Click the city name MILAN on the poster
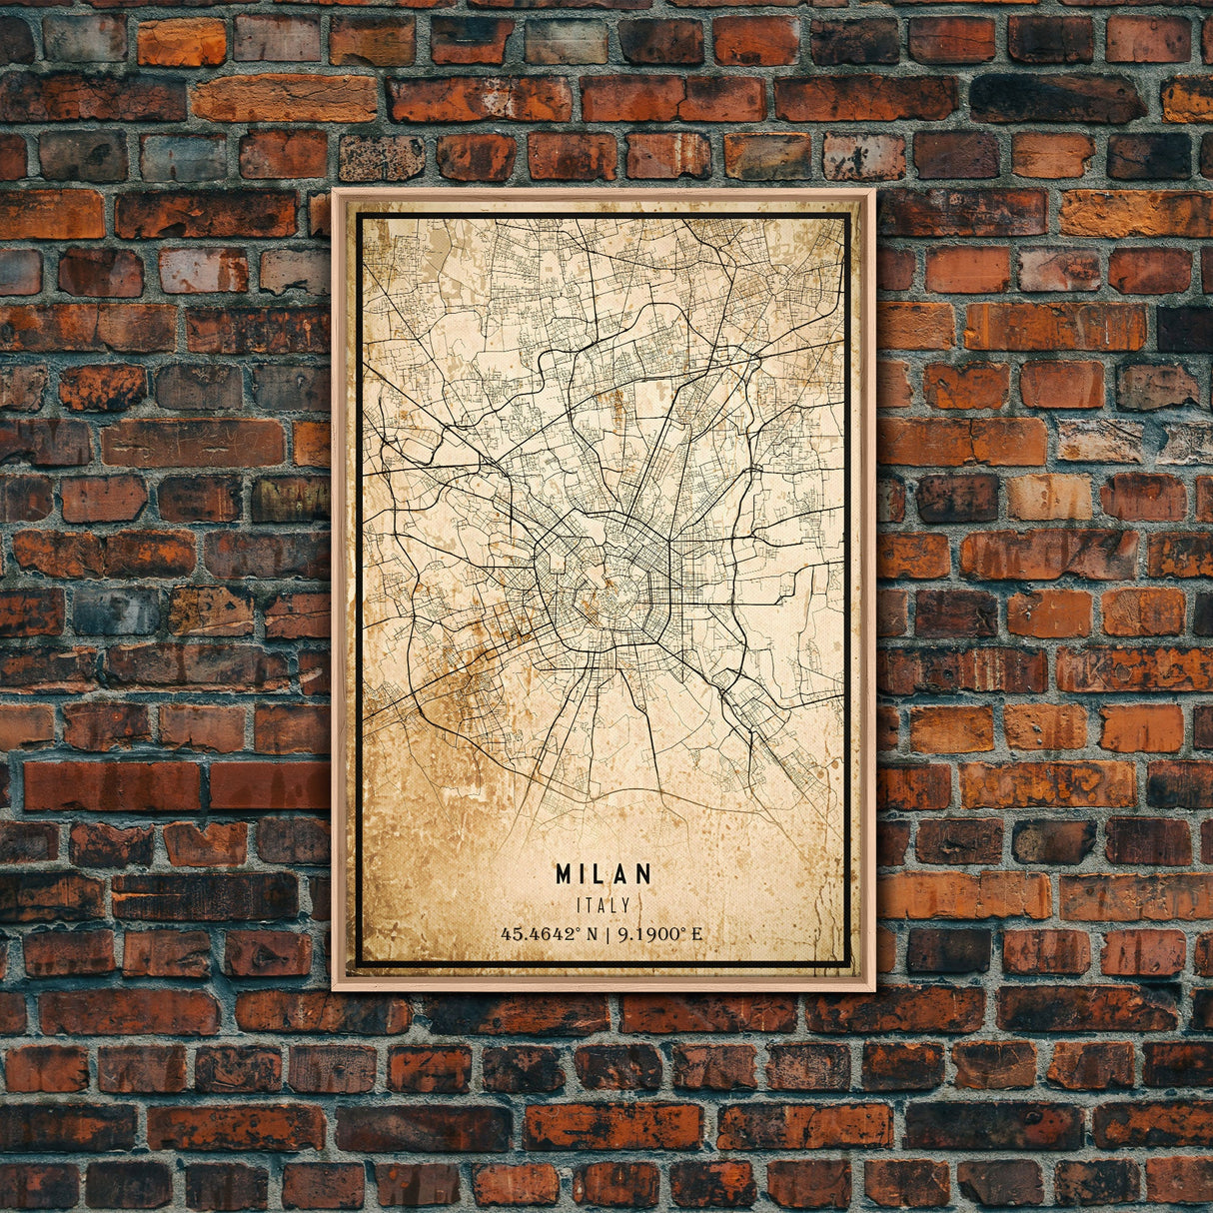point(604,874)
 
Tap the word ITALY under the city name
point(604,905)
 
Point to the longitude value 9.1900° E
point(660,934)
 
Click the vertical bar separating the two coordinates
point(611,934)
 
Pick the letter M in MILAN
point(565,874)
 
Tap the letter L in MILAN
point(604,874)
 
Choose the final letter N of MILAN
point(643,874)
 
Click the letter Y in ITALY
point(626,905)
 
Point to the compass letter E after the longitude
point(696,934)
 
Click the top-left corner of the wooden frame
point(334,190)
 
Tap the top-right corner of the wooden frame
point(873,190)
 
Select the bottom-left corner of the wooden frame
point(334,989)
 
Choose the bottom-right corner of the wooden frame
point(873,989)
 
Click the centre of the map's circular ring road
point(603,589)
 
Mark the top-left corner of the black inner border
point(359,215)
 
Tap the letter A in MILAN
point(622,874)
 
